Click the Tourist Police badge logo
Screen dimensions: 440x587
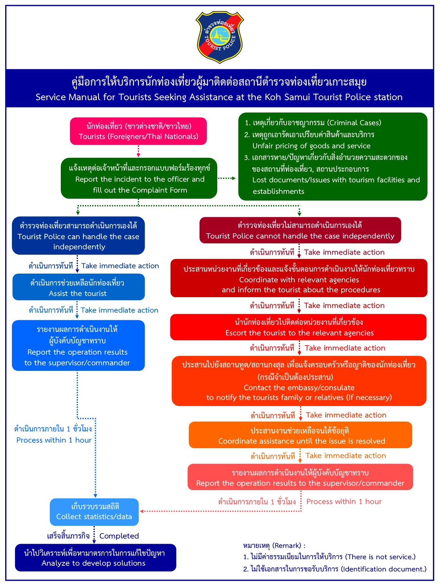click(x=220, y=37)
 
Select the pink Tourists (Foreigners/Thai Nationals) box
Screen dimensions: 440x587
click(x=138, y=131)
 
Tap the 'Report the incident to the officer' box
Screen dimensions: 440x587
click(x=139, y=178)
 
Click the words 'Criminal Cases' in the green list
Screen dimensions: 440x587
click(x=355, y=123)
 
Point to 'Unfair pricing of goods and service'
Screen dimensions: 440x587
click(x=311, y=146)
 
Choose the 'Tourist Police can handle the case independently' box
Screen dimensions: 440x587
click(x=78, y=236)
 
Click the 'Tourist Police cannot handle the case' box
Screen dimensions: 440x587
click(x=300, y=230)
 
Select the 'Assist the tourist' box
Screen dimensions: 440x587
click(x=79, y=287)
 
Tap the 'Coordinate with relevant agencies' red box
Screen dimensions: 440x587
click(x=299, y=278)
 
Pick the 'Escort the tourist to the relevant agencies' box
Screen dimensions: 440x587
click(x=298, y=327)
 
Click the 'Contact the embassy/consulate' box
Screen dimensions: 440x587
click(x=299, y=381)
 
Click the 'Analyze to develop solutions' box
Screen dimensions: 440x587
click(x=96, y=558)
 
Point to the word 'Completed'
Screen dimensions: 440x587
click(x=119, y=536)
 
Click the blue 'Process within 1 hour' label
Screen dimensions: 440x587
click(x=54, y=440)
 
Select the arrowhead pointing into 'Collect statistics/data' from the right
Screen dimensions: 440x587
click(x=142, y=511)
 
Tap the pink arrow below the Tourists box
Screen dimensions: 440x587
click(x=138, y=151)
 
